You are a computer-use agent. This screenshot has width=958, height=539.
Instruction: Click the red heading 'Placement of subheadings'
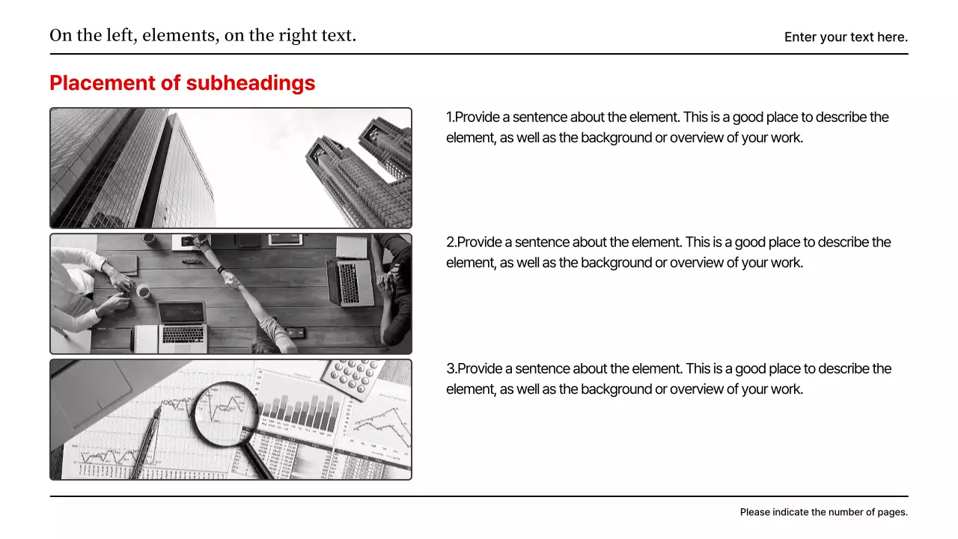click(x=182, y=83)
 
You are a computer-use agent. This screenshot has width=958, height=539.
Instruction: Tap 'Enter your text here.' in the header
click(x=846, y=37)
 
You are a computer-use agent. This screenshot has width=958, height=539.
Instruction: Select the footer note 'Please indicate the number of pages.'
click(x=823, y=512)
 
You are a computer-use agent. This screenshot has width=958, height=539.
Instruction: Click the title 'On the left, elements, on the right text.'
click(x=203, y=35)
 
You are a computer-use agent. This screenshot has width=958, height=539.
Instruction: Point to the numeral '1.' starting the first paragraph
click(x=450, y=118)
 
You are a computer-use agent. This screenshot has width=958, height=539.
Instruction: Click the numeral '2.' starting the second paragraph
click(x=451, y=243)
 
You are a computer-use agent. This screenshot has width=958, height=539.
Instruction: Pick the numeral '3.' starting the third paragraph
click(x=451, y=369)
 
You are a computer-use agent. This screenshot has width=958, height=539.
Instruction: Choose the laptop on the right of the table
click(x=350, y=281)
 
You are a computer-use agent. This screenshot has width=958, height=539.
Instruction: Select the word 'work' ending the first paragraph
click(x=786, y=138)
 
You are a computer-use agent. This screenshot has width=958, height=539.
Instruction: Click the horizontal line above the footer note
click(x=479, y=496)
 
